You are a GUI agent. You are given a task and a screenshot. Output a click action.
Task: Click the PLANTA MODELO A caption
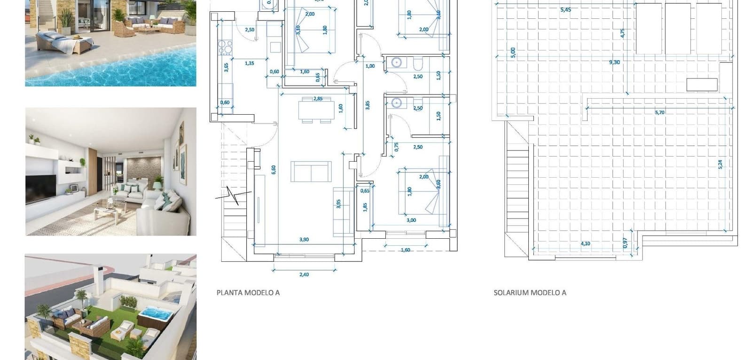(248, 292)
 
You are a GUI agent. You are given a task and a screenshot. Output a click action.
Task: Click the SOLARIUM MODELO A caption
(530, 292)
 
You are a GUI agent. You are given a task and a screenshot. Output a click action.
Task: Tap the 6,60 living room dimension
(274, 169)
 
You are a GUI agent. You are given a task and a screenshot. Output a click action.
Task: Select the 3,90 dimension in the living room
(304, 240)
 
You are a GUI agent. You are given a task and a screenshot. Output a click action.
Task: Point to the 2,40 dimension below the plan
(304, 274)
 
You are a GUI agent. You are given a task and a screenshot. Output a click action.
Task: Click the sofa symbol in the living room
(311, 171)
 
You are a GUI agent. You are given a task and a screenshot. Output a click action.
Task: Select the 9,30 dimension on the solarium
(614, 62)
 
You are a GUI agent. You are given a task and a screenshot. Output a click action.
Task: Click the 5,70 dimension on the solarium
(659, 112)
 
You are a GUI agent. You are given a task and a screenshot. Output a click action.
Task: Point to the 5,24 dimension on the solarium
(720, 164)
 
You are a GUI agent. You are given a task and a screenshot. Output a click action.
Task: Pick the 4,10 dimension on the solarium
(585, 243)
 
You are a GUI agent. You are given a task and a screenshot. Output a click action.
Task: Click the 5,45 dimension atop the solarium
(565, 9)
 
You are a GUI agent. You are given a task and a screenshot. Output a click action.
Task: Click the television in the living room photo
(40, 188)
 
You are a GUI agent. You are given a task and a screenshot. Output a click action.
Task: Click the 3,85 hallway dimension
(368, 105)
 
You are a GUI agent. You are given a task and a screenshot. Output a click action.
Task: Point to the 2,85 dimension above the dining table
(318, 99)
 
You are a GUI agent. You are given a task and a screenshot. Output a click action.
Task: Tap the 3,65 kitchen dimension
(226, 67)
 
